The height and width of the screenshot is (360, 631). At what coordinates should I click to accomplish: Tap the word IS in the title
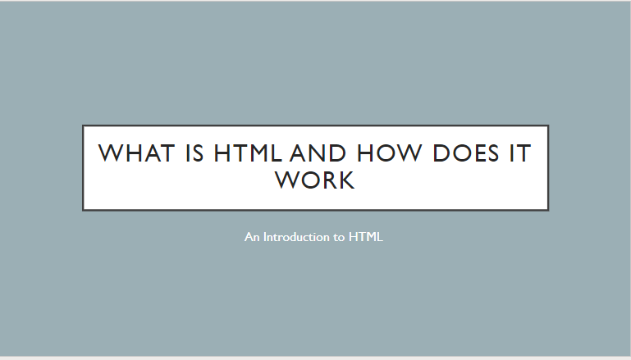coord(194,153)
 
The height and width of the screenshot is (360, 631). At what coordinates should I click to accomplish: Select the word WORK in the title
coord(315,180)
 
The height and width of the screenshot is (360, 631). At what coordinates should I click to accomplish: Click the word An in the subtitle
coord(252,237)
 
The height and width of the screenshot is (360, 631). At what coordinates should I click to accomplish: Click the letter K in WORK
coord(346,180)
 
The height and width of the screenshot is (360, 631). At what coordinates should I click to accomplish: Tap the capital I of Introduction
coord(265,237)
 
